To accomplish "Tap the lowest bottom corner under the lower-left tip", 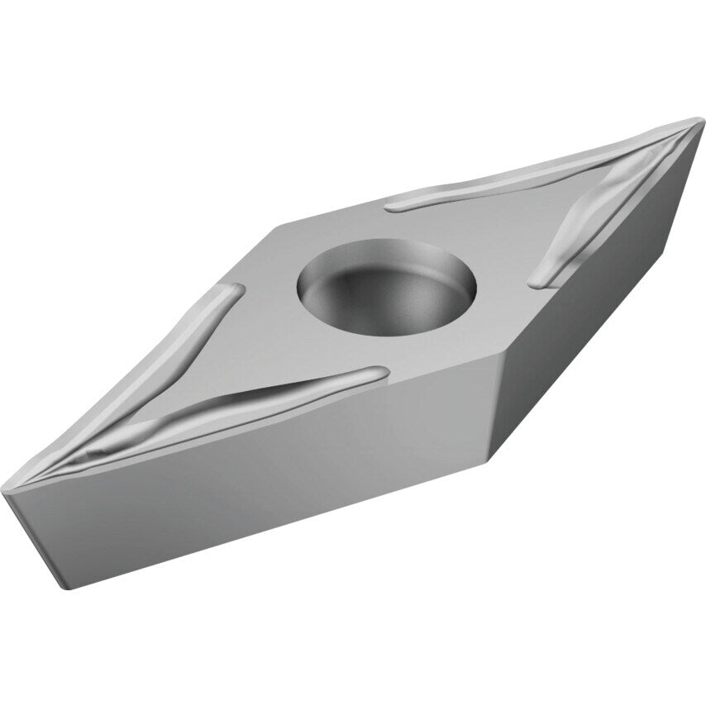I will [x=60, y=585].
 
